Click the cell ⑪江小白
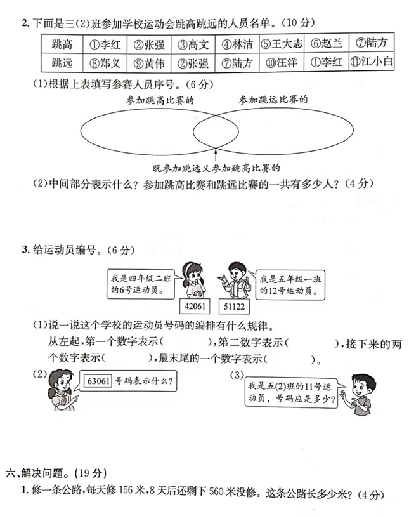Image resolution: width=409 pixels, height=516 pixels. point(374,62)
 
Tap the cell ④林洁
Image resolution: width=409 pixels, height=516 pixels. point(237,44)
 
